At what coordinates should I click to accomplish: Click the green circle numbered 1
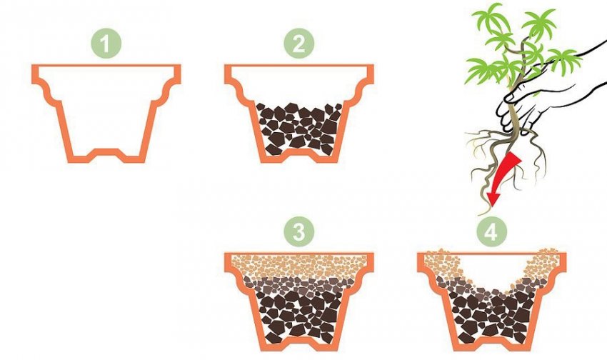[x=106, y=43]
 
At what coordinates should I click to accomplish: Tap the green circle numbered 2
[x=299, y=43]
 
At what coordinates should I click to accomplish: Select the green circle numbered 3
[x=299, y=231]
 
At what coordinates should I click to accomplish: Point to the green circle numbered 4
[x=491, y=231]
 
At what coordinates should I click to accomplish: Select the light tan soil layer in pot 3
[x=299, y=267]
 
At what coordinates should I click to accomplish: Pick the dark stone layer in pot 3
[x=299, y=310]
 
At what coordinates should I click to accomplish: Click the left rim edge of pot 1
[x=36, y=74]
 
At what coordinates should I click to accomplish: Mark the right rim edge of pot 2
[x=370, y=74]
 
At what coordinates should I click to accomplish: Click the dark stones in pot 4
[x=491, y=314]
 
